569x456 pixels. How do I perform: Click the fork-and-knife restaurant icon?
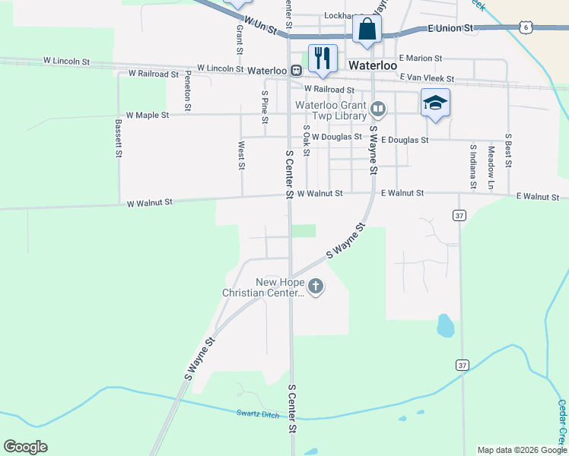click(x=323, y=58)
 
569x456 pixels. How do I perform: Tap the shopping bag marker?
click(x=367, y=30)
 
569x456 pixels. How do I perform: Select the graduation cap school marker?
click(x=435, y=103)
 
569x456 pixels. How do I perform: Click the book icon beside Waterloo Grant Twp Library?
click(x=377, y=110)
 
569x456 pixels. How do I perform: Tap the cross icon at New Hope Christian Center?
click(x=316, y=287)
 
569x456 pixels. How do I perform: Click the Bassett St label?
click(x=119, y=138)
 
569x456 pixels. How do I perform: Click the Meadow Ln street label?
click(x=491, y=168)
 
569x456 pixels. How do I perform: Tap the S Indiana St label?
click(x=473, y=166)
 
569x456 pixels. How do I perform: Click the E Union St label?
click(x=451, y=27)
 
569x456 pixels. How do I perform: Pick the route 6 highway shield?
click(x=526, y=27)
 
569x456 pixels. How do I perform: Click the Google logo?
click(x=25, y=447)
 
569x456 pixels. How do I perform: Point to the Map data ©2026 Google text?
click(x=521, y=450)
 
